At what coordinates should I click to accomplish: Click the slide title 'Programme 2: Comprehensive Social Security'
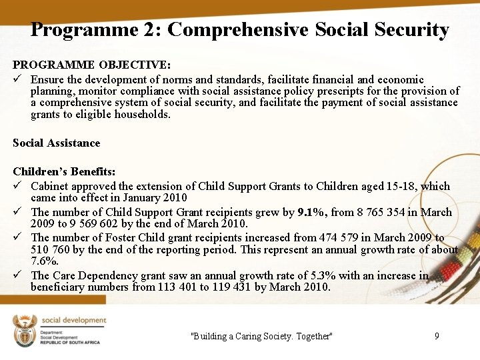tap(240, 30)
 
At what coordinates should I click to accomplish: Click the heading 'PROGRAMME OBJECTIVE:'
tap(92, 65)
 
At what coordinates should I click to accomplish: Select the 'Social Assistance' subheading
tap(57, 143)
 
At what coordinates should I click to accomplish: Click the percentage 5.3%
tap(287, 275)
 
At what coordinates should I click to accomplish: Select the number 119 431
tap(229, 287)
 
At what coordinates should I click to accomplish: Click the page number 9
tap(437, 336)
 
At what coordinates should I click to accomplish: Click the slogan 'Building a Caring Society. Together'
tap(261, 336)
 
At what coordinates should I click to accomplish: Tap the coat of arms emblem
tap(25, 331)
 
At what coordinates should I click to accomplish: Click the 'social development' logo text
tap(74, 321)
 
